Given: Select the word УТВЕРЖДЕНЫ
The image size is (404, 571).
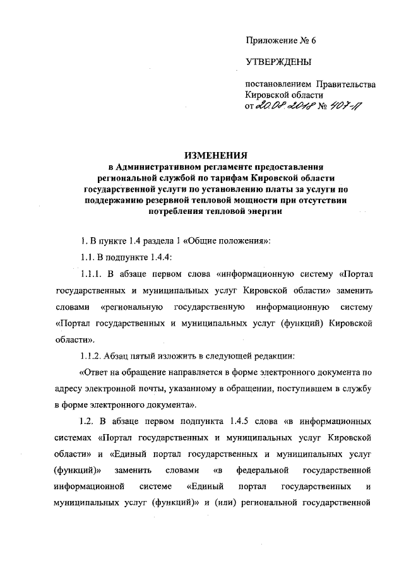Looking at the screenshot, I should click(x=278, y=61).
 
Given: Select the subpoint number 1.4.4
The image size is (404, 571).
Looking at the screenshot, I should click(x=158, y=257).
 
